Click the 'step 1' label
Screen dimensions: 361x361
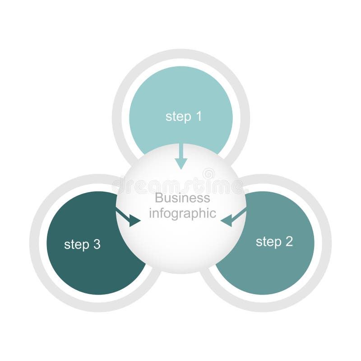tap(183, 116)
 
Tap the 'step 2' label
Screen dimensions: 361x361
tap(274, 241)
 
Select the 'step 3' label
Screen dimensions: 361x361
tap(82, 245)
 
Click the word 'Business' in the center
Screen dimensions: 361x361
tap(182, 198)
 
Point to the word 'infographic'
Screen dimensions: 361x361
tap(182, 213)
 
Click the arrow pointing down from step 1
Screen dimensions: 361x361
tap(181, 156)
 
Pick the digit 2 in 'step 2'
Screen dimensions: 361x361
tap(289, 241)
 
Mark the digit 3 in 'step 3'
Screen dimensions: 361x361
tap(97, 245)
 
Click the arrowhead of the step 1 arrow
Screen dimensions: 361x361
tap(181, 163)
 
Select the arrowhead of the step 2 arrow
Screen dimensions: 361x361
tap(227, 221)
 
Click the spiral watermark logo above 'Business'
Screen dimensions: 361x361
tap(208, 173)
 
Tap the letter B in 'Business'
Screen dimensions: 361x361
tap(158, 198)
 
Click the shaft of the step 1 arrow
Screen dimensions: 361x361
tap(181, 151)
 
